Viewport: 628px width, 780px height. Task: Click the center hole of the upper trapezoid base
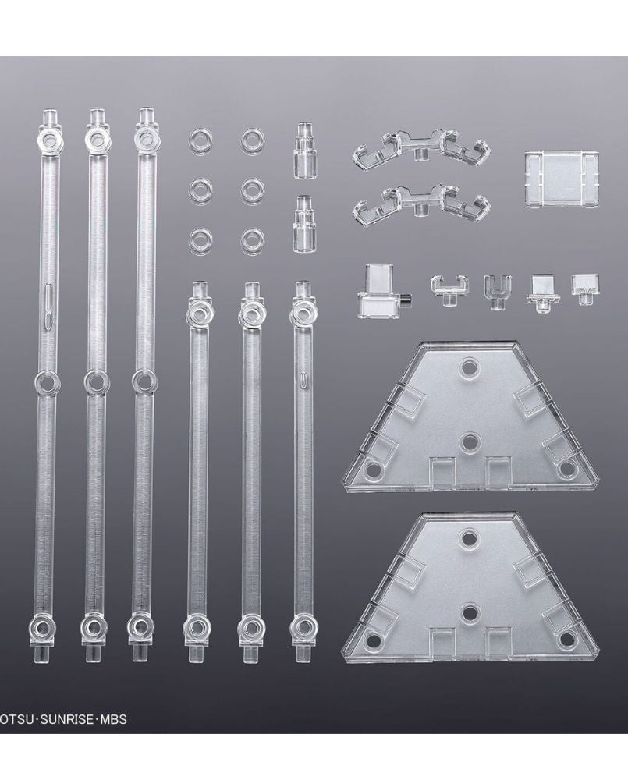click(x=468, y=441)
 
